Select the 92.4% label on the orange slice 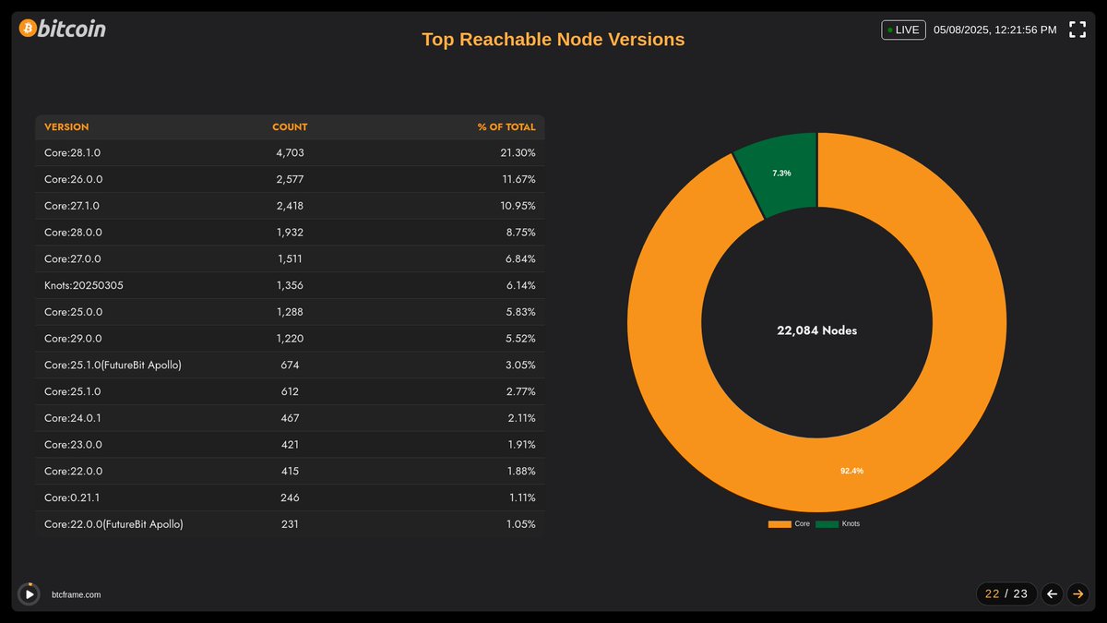pos(851,471)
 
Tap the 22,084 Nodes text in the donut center pos(816,330)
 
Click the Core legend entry pos(790,524)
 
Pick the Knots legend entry pos(839,524)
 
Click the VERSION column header pos(66,126)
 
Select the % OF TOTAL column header pos(506,126)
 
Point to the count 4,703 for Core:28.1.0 pos(290,152)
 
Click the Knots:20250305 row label pos(84,285)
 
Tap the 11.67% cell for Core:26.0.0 pos(517,179)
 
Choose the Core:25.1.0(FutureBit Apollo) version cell pos(113,365)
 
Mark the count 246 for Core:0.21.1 pos(290,497)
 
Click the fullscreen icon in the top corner pos(1077,30)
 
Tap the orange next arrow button pos(1077,593)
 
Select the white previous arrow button pos(1052,593)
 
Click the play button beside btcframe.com pos(30,594)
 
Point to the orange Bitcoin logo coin pos(28,29)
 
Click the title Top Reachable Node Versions pos(553,40)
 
